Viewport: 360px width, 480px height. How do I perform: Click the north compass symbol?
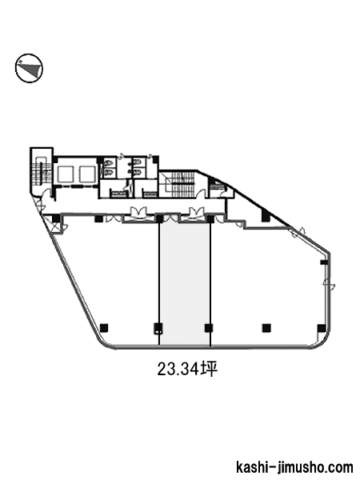(x=29, y=68)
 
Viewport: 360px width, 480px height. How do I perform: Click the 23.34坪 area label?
(x=188, y=369)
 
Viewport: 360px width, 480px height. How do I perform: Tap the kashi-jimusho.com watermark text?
(x=294, y=468)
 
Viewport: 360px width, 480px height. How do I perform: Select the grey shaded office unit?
(x=185, y=283)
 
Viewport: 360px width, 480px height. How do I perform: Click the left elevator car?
(x=66, y=174)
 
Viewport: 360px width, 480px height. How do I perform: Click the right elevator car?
(x=88, y=174)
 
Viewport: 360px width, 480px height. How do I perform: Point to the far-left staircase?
(x=38, y=170)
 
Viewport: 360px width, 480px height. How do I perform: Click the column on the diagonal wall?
(x=266, y=216)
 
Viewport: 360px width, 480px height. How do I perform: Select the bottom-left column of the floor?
(x=104, y=327)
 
